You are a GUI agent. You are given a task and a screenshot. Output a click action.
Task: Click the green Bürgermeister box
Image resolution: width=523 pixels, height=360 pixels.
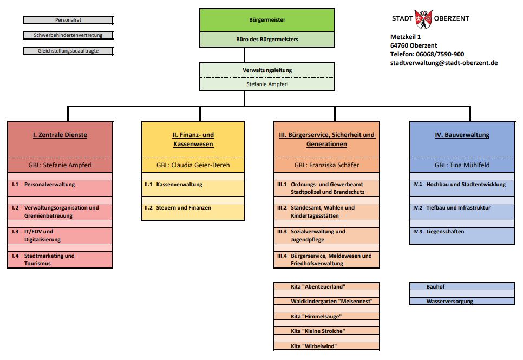coord(244,20)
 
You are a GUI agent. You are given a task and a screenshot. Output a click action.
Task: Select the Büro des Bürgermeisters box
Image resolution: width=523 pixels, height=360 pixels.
coord(244,40)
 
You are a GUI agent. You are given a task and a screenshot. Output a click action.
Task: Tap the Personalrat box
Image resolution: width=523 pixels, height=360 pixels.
coord(68,20)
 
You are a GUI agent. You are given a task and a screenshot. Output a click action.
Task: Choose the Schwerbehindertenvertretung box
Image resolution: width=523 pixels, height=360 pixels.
coord(68,35)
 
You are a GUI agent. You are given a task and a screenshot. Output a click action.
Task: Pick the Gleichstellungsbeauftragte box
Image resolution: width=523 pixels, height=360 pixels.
coord(68,51)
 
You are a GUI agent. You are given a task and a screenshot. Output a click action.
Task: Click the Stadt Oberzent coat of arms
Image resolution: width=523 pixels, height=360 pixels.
coord(423,19)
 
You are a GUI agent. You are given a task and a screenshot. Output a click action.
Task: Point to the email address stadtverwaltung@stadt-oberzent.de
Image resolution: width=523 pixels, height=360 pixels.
coord(443,63)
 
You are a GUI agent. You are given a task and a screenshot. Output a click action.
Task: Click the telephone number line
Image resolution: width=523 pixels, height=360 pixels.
coord(427,54)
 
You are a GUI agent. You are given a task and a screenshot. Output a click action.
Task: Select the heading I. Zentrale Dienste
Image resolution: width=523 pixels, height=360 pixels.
coord(60,135)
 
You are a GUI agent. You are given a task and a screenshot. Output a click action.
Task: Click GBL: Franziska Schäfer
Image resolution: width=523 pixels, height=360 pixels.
coord(326,165)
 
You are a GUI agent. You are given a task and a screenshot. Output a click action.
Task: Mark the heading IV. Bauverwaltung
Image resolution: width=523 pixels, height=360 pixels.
coord(462,135)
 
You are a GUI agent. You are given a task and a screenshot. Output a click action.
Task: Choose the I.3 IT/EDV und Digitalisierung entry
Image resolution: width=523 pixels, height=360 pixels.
coord(60,235)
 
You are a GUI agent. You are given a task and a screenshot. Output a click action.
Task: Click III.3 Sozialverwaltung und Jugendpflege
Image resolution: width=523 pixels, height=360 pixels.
coord(326,235)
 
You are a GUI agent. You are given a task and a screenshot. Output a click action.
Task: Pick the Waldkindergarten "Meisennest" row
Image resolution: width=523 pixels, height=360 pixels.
coord(326,301)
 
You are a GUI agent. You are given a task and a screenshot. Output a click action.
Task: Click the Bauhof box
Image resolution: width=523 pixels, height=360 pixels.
coord(462,286)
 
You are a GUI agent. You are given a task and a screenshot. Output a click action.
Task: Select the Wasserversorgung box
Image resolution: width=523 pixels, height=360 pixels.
coord(462,302)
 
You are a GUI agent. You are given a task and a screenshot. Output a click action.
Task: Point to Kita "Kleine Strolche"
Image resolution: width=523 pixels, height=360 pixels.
coord(326,331)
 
